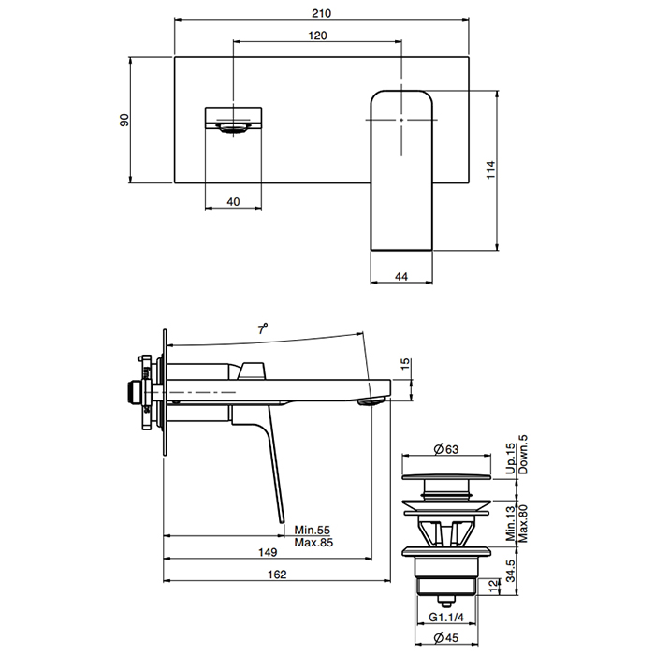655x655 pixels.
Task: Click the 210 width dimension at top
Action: [321, 13]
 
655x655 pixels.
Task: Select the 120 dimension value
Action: [317, 36]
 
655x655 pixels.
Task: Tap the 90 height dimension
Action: [124, 120]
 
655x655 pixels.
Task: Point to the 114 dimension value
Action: [491, 169]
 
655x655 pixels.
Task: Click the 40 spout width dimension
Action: [233, 202]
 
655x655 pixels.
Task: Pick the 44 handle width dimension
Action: [401, 277]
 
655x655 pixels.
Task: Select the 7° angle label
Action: [262, 328]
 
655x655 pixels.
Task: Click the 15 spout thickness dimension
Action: [405, 364]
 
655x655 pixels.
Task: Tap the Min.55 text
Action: [312, 530]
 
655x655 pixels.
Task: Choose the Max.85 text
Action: [313, 543]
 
